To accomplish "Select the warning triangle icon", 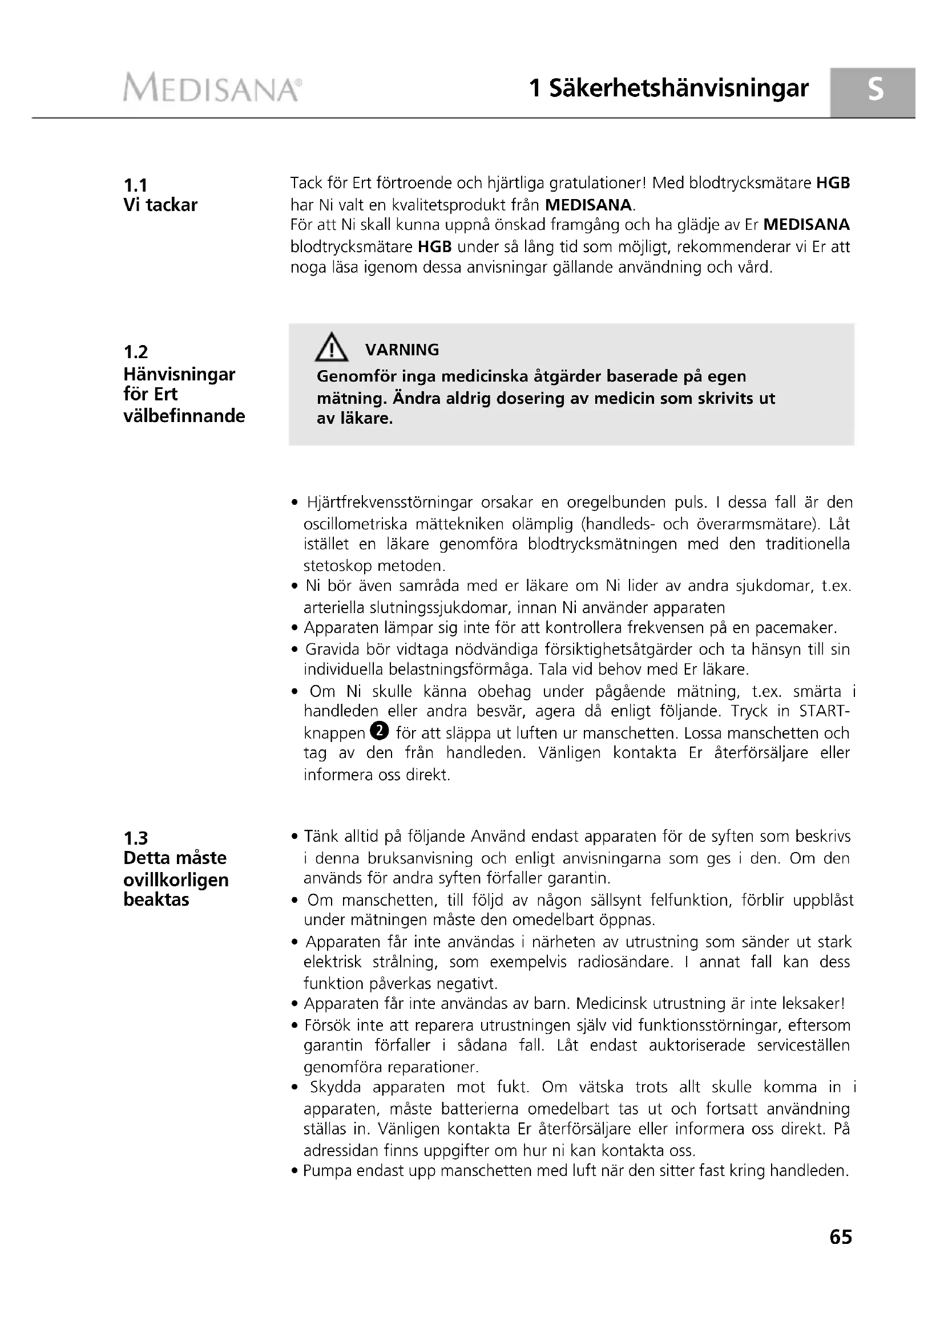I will [x=332, y=348].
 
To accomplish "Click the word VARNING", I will [x=402, y=350].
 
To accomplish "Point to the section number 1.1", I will [x=135, y=185].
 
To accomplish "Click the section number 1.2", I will [x=135, y=351].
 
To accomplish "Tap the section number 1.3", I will [x=135, y=838].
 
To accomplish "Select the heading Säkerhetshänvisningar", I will [x=679, y=88].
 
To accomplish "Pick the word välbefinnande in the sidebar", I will [x=184, y=416].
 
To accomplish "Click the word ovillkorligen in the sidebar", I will [x=176, y=879].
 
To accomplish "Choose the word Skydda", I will [x=336, y=1087].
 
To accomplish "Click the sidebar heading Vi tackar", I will [x=160, y=205].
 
